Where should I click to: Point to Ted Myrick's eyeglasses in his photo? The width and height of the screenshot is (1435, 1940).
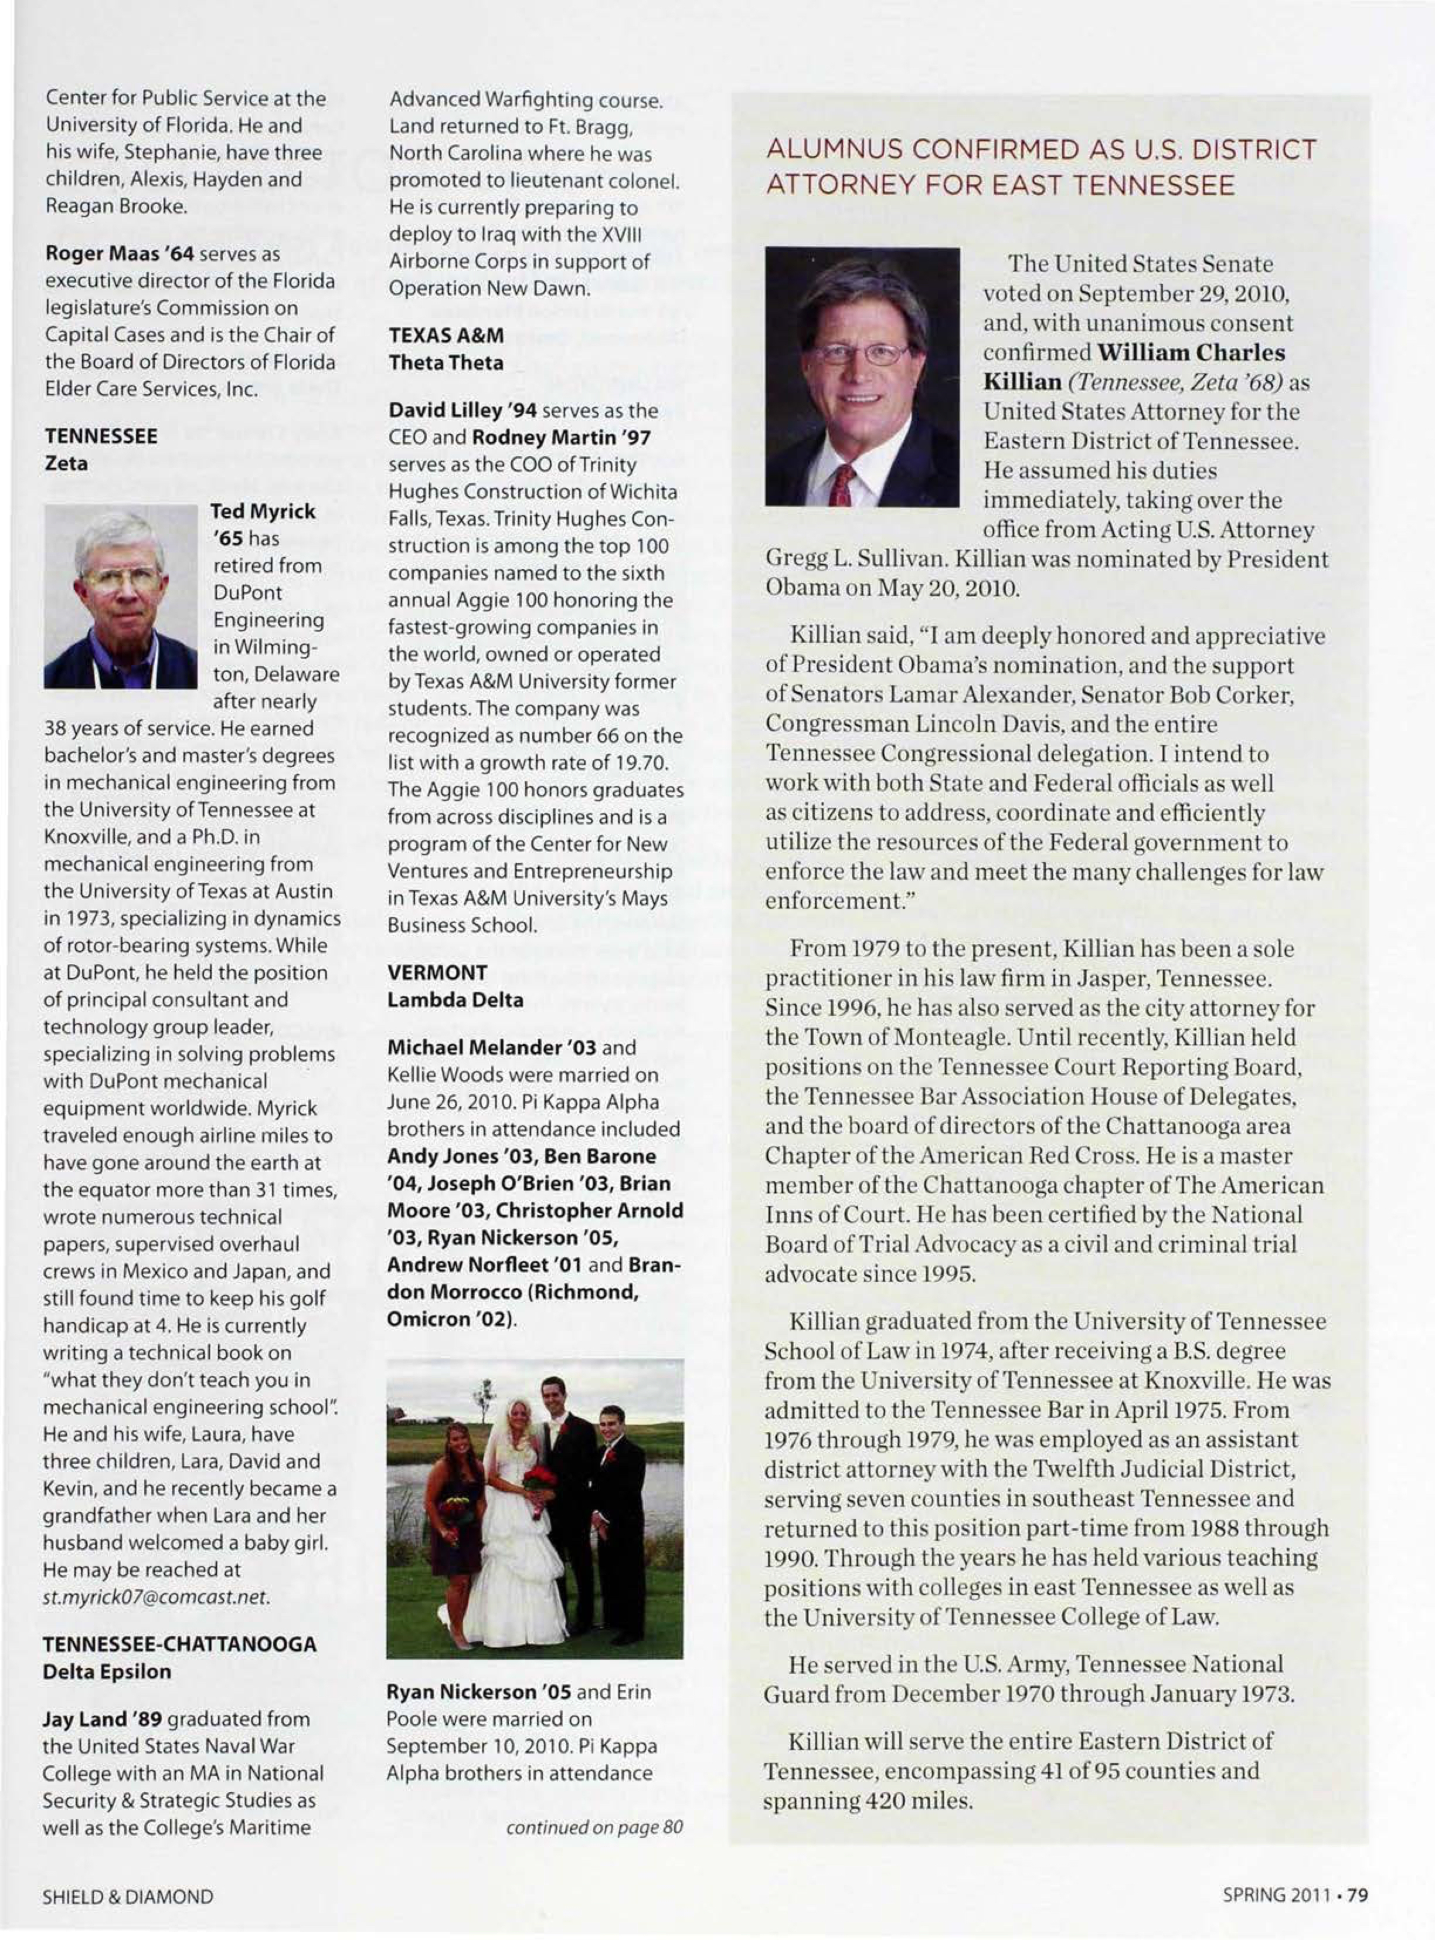coord(121,578)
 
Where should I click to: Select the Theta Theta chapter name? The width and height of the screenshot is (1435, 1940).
coord(446,362)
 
